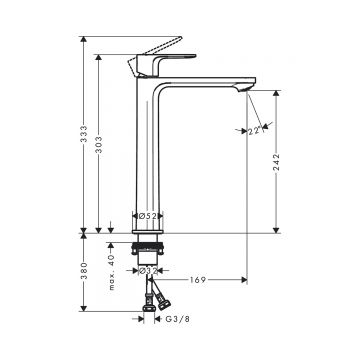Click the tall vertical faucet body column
(148, 150)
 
